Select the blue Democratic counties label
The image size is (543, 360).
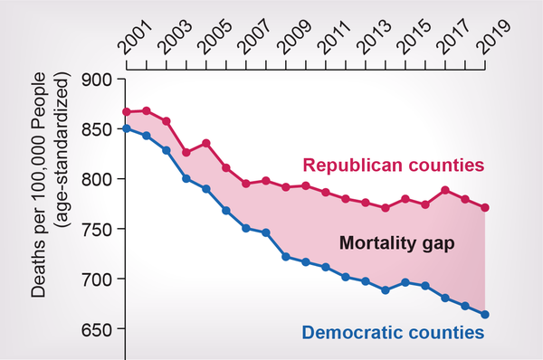[x=395, y=332]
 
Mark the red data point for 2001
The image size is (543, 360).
[x=128, y=112]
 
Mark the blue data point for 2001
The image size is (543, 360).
[x=128, y=128]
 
